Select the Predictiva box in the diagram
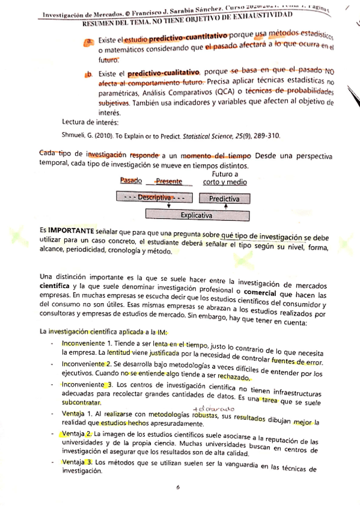point(225,198)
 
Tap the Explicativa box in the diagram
point(196,214)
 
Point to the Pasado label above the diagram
point(131,180)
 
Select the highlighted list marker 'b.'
point(88,74)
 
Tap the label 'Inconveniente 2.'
point(87,364)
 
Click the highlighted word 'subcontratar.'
point(81,401)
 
